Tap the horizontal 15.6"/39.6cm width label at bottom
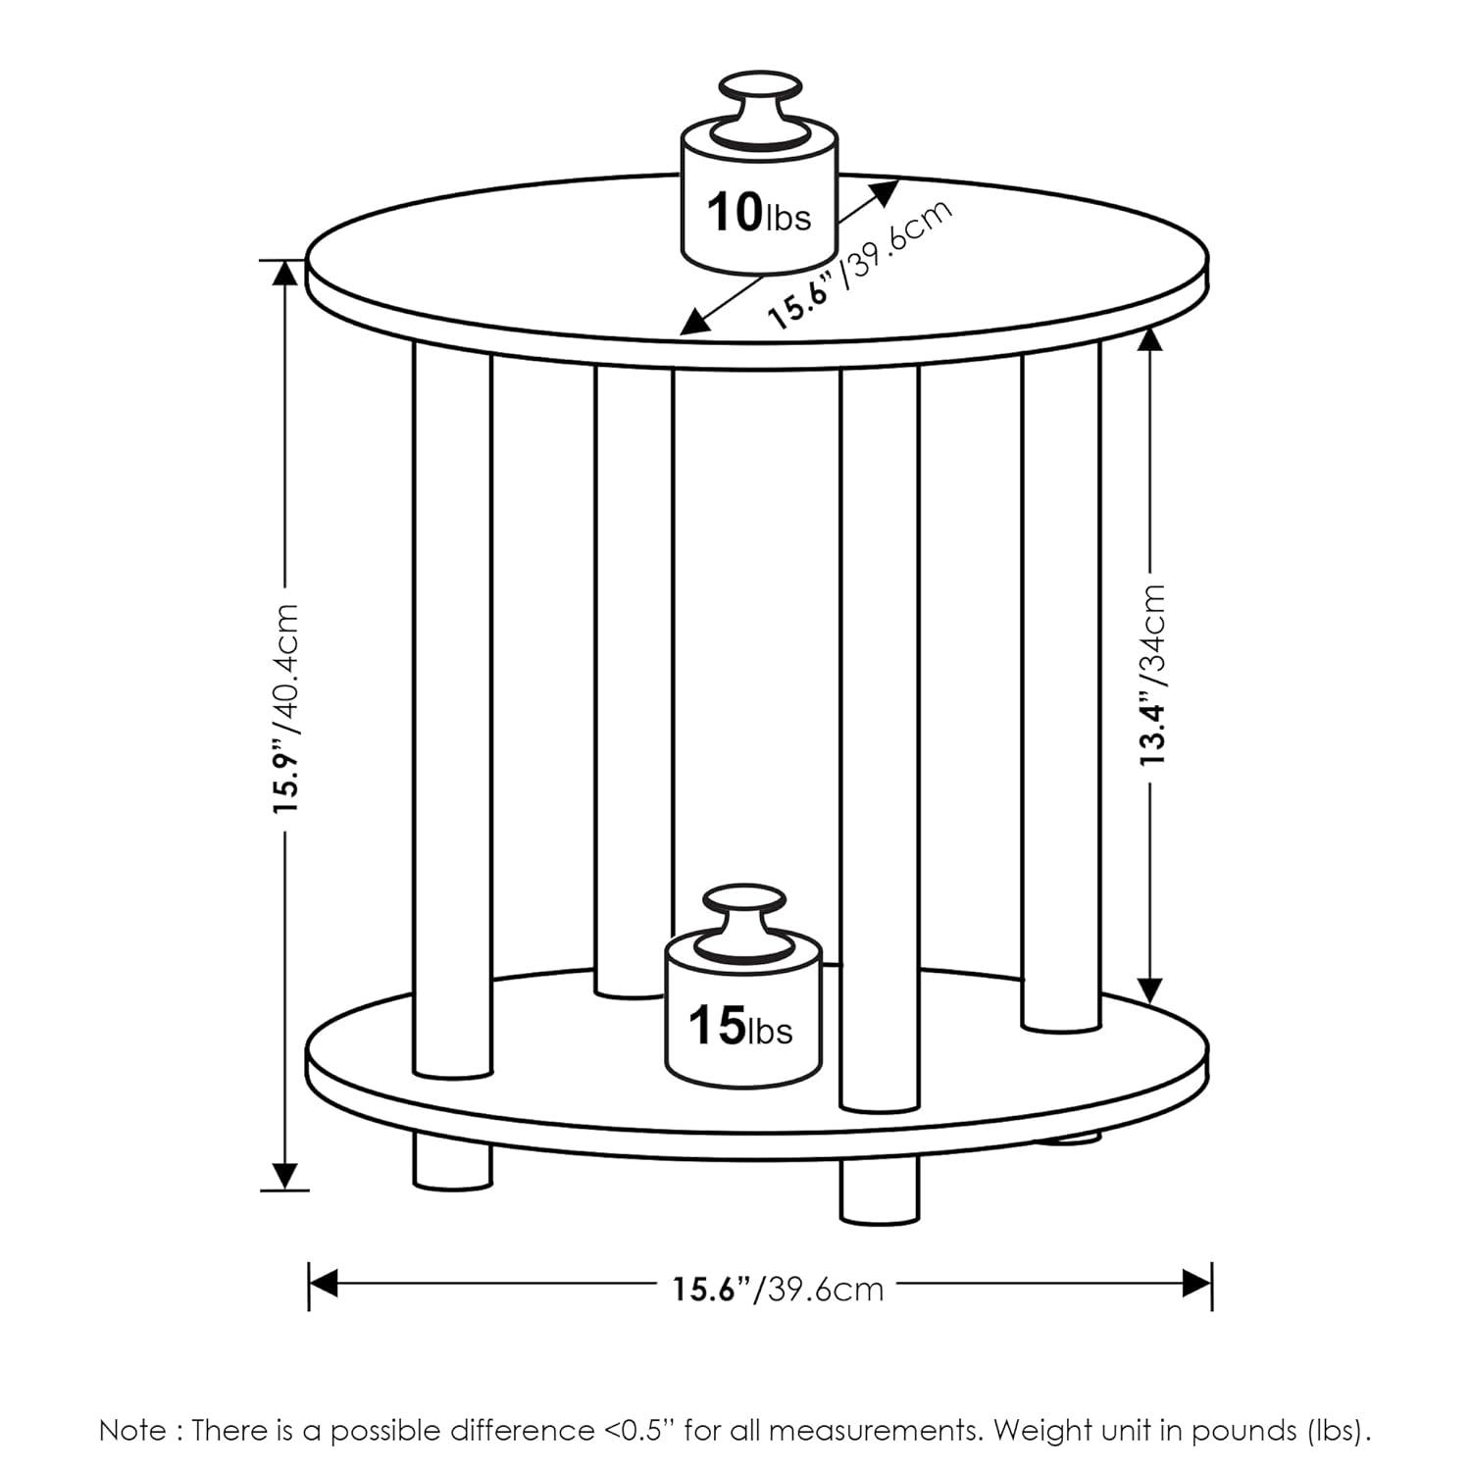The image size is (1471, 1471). [x=777, y=1288]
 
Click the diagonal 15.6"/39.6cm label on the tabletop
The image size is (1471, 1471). [x=859, y=265]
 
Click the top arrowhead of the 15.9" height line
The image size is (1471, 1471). [x=284, y=274]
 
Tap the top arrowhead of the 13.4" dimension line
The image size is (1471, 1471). [x=1152, y=338]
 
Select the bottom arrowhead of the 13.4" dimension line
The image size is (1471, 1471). [x=1152, y=989]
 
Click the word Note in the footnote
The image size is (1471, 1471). [x=132, y=1431]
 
